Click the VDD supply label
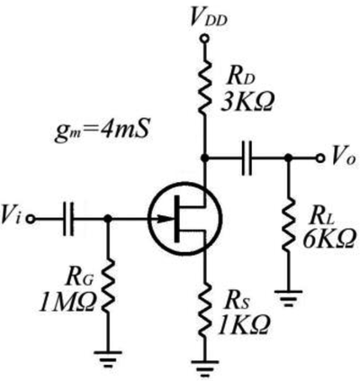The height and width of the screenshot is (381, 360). (209, 19)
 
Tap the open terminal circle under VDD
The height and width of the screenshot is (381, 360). (204, 39)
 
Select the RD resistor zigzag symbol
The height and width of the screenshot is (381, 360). (204, 86)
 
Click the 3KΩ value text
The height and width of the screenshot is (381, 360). (247, 103)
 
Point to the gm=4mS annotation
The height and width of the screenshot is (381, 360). (102, 132)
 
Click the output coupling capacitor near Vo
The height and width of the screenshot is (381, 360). (247, 158)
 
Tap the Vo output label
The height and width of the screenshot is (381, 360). (344, 158)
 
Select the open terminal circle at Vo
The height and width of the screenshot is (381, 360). (320, 158)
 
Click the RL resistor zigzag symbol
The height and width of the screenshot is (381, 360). (288, 224)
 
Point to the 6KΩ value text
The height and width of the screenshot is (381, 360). (328, 239)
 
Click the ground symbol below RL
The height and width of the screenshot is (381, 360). (288, 298)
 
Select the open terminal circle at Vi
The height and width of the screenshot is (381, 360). (31, 219)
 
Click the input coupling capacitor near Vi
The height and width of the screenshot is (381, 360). (67, 219)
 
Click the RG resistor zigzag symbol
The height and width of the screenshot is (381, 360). (108, 286)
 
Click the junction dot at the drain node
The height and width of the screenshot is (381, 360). (204, 158)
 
